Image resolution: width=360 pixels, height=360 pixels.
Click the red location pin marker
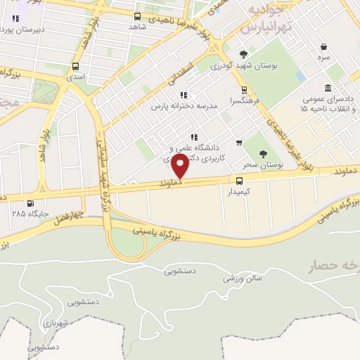click(181, 167)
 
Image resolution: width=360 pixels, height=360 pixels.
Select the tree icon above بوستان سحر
click(264, 154)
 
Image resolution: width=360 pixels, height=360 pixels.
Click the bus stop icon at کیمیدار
click(240, 180)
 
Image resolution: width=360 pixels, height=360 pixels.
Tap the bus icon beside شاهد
click(136, 16)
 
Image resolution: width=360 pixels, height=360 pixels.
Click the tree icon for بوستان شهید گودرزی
click(243, 54)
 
